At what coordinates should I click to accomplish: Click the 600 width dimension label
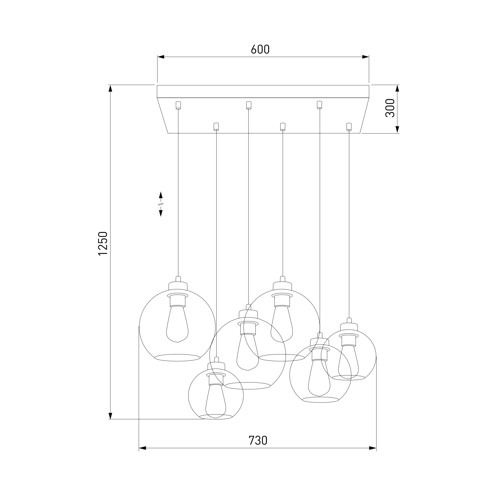[x=260, y=49]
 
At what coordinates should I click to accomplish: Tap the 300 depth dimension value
[x=390, y=108]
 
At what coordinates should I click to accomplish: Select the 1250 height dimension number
[x=103, y=243]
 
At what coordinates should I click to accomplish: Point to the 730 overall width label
[x=258, y=440]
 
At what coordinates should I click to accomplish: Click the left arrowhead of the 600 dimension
[x=161, y=57]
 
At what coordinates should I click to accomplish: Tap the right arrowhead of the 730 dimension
[x=373, y=448]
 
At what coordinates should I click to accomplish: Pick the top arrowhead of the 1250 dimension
[x=110, y=89]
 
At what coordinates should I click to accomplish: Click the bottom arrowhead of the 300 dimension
[x=397, y=130]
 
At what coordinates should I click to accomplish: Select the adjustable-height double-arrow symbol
[x=161, y=204]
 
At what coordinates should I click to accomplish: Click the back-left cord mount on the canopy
[x=178, y=105]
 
